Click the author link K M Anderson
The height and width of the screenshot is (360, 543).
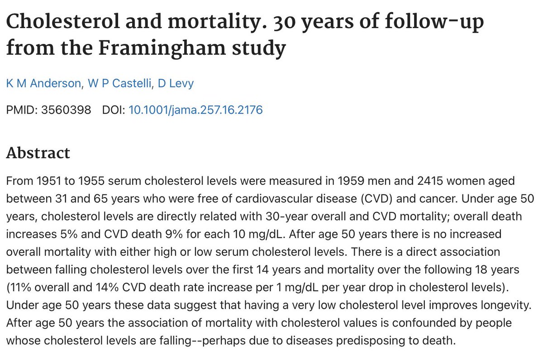point(38,84)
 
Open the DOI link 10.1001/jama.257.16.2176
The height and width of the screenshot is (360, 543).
point(195,110)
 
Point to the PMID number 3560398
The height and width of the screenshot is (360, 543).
point(67,110)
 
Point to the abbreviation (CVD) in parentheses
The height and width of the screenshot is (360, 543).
point(412,198)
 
